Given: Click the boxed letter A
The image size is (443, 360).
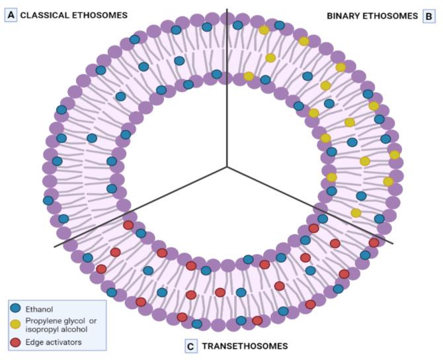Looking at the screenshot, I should [11, 15].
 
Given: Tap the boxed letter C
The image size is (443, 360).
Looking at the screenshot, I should [191, 345].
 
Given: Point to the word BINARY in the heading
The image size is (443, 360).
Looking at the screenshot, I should [345, 15].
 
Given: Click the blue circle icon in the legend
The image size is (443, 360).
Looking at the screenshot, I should [16, 308].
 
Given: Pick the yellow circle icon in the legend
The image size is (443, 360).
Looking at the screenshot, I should [16, 324].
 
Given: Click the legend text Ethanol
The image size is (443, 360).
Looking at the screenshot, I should [40, 308].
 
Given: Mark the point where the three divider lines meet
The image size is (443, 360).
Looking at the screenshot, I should [227, 167].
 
